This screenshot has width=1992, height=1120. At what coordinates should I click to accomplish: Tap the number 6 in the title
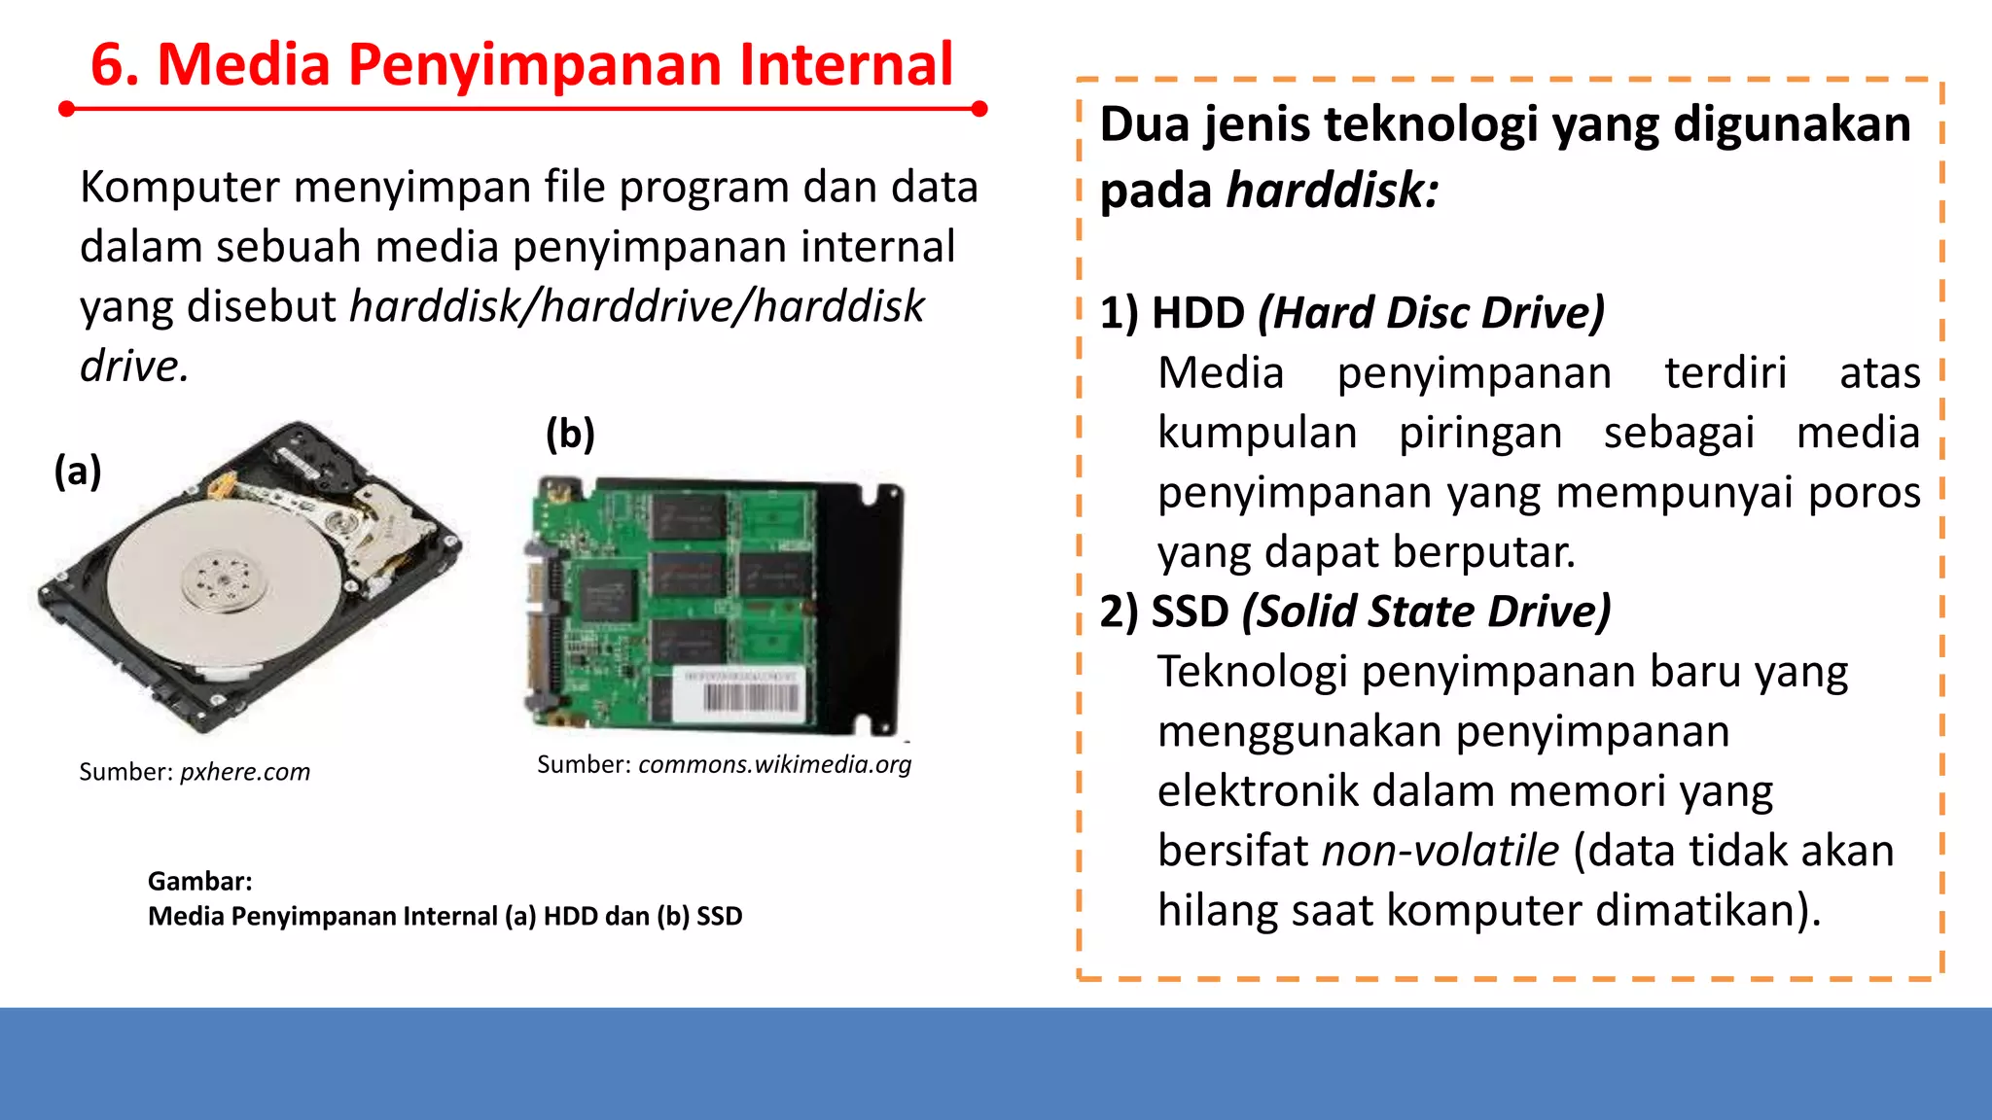(108, 66)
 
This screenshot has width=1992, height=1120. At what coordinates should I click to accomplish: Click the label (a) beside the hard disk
(78, 472)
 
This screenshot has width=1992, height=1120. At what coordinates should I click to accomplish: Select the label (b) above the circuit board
(570, 434)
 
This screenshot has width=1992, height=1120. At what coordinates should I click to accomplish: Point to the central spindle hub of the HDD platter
(224, 581)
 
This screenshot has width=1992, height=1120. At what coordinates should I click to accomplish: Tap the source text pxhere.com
(245, 772)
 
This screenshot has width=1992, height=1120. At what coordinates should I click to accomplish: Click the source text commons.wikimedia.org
(775, 764)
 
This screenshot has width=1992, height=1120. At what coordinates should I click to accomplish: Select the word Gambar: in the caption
(200, 881)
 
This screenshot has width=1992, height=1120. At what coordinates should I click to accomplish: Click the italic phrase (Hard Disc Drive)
(1431, 313)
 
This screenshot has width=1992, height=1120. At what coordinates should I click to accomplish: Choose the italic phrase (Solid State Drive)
(1426, 612)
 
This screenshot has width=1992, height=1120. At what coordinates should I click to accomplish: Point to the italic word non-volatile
(1441, 851)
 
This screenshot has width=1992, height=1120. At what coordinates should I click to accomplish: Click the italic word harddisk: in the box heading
(1333, 190)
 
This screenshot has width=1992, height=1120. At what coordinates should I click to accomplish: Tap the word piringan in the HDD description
(1479, 433)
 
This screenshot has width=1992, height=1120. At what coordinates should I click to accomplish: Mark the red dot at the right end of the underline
(979, 109)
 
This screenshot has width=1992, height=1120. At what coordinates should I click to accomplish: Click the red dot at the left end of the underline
(66, 109)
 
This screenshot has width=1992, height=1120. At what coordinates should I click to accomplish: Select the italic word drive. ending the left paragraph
(134, 367)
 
